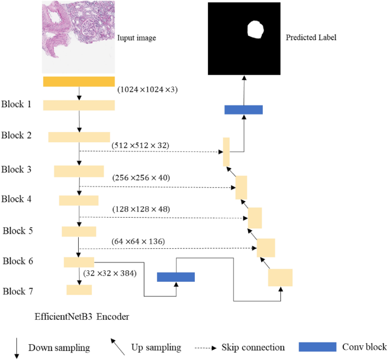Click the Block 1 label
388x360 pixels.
pos(16,105)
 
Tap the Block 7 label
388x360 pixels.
pos(19,291)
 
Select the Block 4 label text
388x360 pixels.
pos(17,199)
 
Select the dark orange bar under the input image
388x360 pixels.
pos(79,82)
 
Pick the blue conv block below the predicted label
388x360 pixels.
pos(244,109)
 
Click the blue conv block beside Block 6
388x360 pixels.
pos(176,277)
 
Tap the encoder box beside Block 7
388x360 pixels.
pos(79,290)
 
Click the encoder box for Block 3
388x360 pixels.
pos(79,171)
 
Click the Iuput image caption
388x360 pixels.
pos(137,39)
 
